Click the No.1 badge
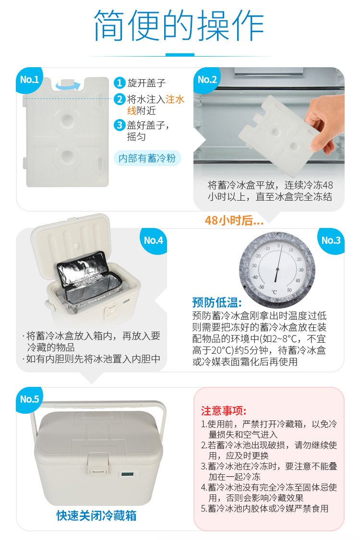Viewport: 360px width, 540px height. (29, 80)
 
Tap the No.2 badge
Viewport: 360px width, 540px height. (207, 80)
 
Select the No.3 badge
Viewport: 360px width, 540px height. (331, 241)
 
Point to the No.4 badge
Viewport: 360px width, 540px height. (153, 241)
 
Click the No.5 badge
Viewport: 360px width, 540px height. (29, 399)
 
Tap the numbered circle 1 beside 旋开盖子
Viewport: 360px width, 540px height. (119, 83)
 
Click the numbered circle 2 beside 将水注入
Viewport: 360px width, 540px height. (119, 99)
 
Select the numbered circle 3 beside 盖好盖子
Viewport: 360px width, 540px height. (119, 125)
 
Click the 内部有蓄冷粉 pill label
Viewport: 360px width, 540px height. (147, 158)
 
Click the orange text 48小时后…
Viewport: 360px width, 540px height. (234, 220)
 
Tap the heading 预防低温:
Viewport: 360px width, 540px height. (217, 303)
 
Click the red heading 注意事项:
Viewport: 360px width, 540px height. (224, 411)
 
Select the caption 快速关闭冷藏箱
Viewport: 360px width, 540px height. (96, 516)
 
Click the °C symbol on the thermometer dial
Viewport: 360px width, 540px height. (274, 292)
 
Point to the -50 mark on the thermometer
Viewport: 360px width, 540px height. (262, 287)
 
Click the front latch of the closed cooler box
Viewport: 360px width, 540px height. (98, 463)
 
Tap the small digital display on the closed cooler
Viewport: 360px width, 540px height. (128, 475)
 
